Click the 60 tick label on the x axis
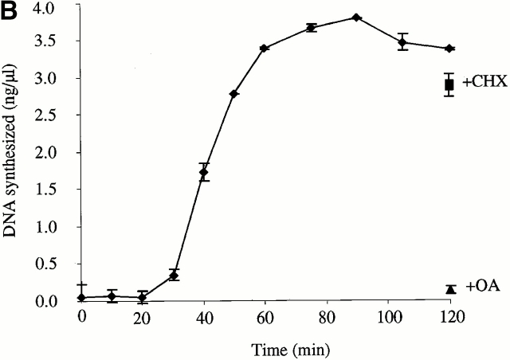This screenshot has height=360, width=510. click(265, 316)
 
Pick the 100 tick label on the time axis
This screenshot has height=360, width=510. click(387, 316)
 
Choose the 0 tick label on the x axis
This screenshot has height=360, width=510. click(81, 316)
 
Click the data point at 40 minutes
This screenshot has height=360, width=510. click(204, 172)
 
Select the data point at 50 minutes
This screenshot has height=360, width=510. click(234, 94)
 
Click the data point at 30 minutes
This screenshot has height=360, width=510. click(174, 276)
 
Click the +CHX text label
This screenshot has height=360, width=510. click(481, 83)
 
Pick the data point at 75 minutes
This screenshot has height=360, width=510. click(311, 28)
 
